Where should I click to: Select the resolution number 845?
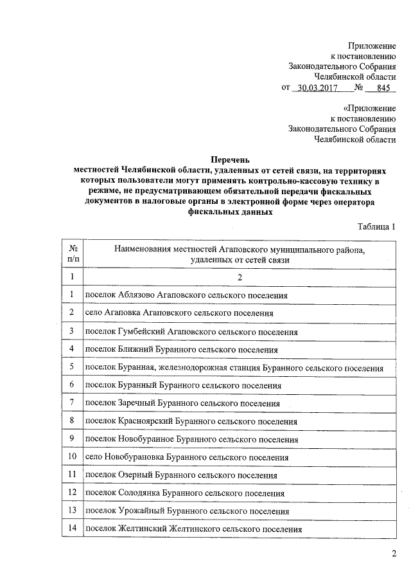pos(384,88)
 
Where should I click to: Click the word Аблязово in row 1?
pos(137,295)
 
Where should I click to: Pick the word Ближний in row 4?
pos(133,350)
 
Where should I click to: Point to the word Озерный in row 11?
pos(134,476)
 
